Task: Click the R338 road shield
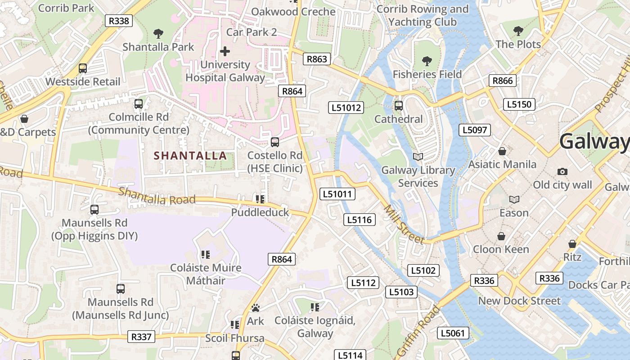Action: (119, 20)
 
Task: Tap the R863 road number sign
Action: (317, 59)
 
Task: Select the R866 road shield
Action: (502, 81)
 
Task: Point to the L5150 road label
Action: (519, 104)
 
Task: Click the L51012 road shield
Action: (346, 107)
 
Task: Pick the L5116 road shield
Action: (360, 220)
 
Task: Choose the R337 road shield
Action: (141, 336)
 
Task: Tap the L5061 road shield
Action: (453, 333)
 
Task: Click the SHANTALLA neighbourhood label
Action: (190, 156)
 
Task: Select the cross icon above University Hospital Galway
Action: (225, 51)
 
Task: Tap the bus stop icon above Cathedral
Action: (399, 106)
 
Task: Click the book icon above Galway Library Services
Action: (418, 157)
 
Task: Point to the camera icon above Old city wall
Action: (562, 171)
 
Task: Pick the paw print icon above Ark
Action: (256, 308)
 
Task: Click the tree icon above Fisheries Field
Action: (427, 60)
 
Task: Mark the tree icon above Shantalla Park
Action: (158, 33)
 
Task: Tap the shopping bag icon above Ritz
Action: (572, 244)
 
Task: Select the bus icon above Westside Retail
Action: (83, 68)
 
